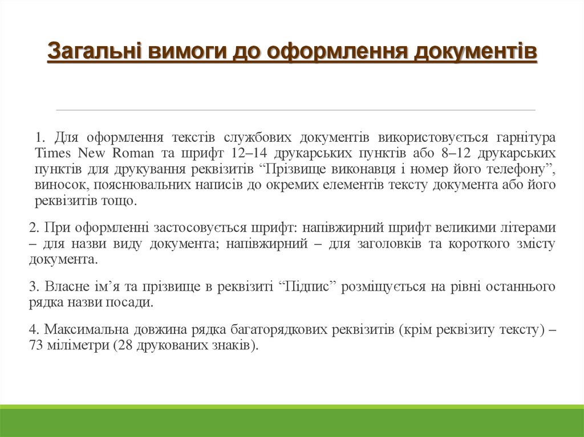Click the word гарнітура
pyautogui.click(x=526, y=138)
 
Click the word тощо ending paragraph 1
pyautogui.click(x=119, y=201)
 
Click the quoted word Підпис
pyautogui.click(x=309, y=287)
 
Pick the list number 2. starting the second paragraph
pyautogui.click(x=34, y=228)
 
